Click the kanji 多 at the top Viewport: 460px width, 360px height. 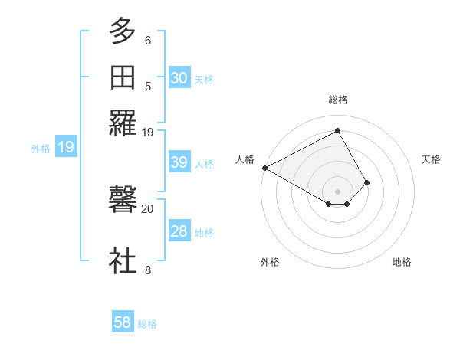123,33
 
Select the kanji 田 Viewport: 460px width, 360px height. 123,78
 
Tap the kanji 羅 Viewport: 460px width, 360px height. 123,123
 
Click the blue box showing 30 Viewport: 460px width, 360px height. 179,78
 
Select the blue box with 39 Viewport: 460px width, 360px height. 179,162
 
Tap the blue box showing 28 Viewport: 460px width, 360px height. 179,231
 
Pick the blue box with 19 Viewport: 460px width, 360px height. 65,147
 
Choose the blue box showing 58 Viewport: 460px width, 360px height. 123,322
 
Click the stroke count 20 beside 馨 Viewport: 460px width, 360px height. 148,208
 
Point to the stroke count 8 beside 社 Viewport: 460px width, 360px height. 148,269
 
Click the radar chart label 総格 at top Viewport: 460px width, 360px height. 338,100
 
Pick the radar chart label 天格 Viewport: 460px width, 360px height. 432,159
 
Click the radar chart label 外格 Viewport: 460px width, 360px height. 270,262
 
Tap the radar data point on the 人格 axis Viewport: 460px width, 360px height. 264,168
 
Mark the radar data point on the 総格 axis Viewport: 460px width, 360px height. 338,129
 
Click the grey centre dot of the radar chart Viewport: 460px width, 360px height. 338,191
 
